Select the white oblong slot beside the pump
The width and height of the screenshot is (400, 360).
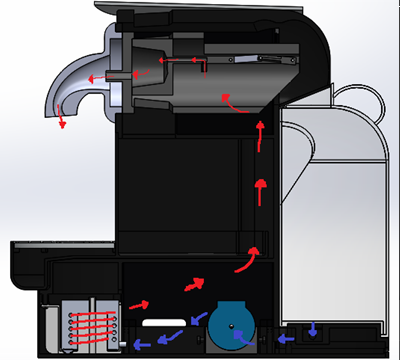point(164,323)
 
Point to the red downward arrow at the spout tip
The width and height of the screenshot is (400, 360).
point(62,121)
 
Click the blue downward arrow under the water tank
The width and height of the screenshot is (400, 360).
point(315,328)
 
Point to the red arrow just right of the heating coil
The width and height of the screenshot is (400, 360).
point(141,302)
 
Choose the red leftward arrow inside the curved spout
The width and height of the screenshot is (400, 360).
point(90,78)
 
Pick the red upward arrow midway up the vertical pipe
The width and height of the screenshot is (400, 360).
point(262,187)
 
